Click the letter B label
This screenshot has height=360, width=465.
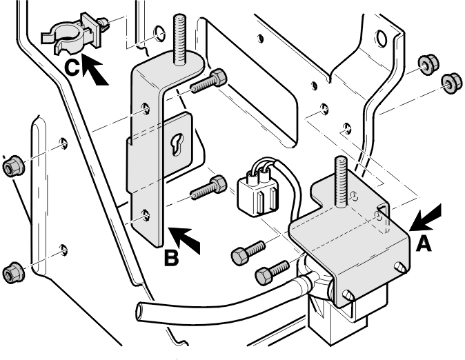point(172,258)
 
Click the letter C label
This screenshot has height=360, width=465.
point(72,68)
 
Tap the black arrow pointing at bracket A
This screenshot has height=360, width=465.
point(426,218)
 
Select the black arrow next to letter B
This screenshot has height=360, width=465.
point(184,240)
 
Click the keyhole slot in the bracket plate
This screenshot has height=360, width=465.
point(177,144)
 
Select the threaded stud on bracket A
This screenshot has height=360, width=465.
point(341,181)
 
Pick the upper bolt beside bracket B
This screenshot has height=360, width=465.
point(208,81)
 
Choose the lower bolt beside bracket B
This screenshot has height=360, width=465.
point(208,188)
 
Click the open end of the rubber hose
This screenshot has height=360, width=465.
point(140,311)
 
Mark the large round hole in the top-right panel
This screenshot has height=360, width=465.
point(382,38)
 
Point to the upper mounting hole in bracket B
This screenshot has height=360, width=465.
point(146,108)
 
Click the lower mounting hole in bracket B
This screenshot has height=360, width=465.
point(146,214)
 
